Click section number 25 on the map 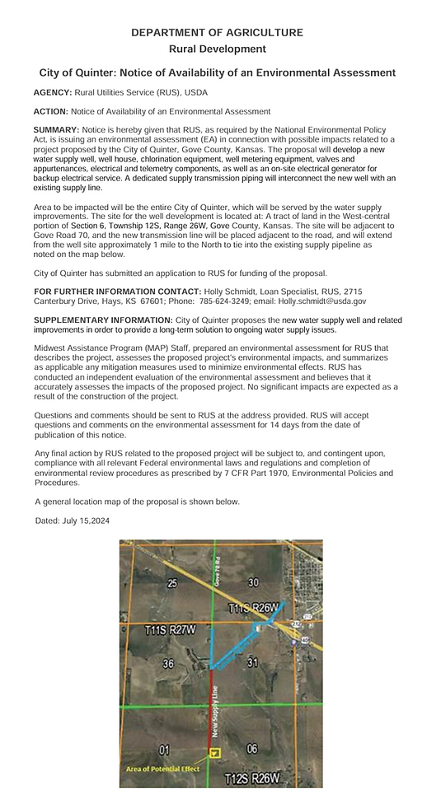[x=172, y=583]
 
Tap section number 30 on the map [x=254, y=582]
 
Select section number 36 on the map [x=168, y=664]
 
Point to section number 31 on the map [x=252, y=662]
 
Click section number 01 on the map [x=164, y=749]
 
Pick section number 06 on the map [x=251, y=749]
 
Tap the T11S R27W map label [x=171, y=630]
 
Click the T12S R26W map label [x=253, y=777]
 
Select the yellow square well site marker [x=215, y=753]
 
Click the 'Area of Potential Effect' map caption [x=162, y=768]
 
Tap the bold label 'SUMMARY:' [x=56, y=130]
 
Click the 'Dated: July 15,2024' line [x=73, y=521]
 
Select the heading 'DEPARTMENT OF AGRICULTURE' [x=218, y=33]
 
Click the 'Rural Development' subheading [x=218, y=49]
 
